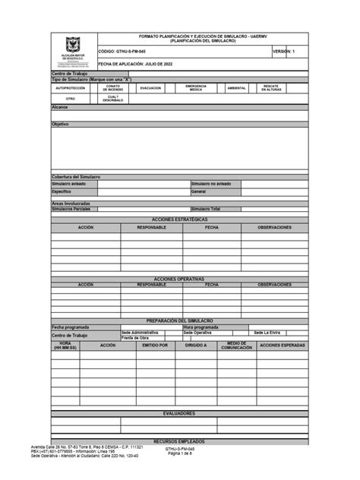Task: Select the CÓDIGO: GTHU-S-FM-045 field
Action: click(122, 51)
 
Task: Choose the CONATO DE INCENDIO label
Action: click(114, 88)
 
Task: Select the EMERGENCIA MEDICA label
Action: click(195, 88)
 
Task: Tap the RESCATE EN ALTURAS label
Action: click(272, 88)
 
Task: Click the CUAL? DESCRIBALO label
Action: click(113, 99)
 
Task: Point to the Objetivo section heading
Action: click(60, 125)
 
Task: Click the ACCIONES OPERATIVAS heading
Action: click(179, 279)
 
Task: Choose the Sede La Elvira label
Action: click(267, 333)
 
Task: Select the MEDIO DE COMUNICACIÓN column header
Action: click(236, 346)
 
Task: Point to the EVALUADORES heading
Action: click(179, 413)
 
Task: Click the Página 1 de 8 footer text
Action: click(180, 453)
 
